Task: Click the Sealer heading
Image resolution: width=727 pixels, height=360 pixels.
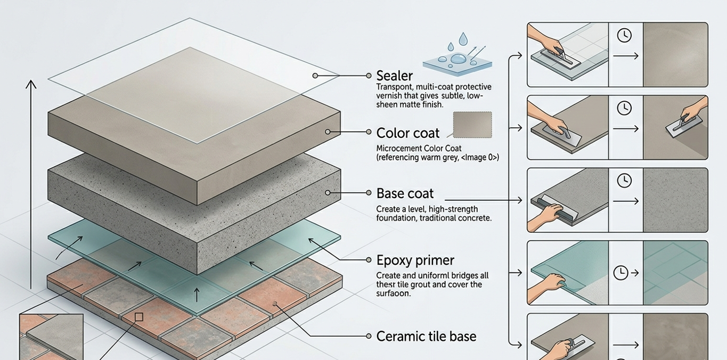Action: point(394,76)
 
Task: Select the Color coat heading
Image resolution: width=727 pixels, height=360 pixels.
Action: point(407,133)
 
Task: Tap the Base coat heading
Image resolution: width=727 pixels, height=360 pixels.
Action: point(405,193)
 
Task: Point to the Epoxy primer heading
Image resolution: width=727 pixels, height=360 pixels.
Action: point(415,260)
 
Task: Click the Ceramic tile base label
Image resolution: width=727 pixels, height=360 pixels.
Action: point(426,337)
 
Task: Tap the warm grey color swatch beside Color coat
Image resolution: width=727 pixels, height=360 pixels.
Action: point(472,125)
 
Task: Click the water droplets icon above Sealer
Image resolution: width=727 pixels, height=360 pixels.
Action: point(458,54)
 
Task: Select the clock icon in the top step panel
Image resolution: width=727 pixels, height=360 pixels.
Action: point(624,35)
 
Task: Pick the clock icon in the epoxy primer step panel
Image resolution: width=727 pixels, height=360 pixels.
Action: point(620,273)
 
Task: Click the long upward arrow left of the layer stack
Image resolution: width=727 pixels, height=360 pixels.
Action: point(31,184)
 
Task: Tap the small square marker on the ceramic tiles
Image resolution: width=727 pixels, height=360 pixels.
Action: point(139,317)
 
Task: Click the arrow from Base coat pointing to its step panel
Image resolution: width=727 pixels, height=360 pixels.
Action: point(483,200)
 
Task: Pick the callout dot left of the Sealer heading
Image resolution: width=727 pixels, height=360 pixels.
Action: point(369,76)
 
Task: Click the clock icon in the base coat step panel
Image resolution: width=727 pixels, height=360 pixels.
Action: point(624,181)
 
